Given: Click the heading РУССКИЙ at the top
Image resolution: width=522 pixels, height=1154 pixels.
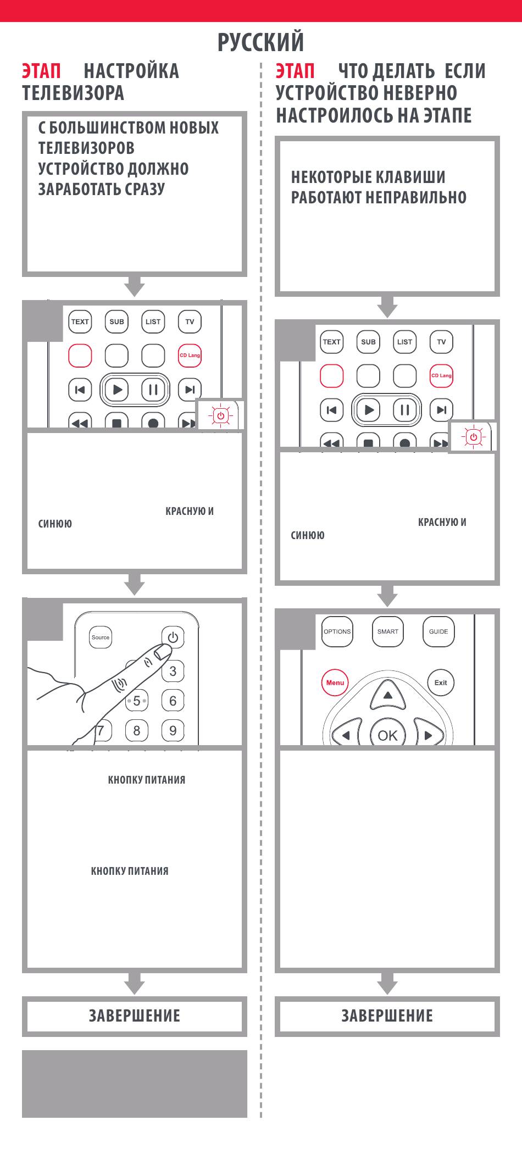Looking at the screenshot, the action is coord(260,42).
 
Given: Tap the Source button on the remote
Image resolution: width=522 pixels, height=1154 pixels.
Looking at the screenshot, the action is coord(101,637).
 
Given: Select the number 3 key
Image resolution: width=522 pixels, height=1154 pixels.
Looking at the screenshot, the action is coord(173,671).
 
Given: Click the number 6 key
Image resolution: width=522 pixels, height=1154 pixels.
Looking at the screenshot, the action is coord(173,701).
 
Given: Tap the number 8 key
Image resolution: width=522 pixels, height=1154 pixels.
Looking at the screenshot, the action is coord(137,730).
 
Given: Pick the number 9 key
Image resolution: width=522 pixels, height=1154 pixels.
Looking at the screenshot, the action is coord(173,730).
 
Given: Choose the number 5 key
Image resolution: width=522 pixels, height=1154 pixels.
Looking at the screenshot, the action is coord(137,701).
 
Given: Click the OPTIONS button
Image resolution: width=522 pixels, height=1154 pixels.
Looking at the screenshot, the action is coord(337,632).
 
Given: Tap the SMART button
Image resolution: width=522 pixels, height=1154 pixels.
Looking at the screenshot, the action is coord(388,632).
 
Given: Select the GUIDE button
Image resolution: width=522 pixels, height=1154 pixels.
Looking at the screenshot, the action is coord(438,632).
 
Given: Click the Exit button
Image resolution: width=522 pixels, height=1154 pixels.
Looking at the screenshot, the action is coord(441,683).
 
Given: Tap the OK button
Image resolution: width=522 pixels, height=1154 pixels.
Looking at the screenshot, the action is coord(388,735).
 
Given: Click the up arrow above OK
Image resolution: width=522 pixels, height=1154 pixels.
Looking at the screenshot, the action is coord(388,695).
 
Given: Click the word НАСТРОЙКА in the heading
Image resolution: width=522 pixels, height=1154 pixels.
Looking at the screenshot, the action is coord(131,71).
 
